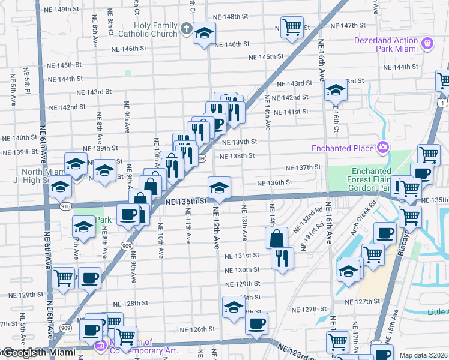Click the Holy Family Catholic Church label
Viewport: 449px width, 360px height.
pyautogui.click(x=148, y=29)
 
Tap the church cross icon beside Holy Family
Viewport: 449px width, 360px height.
pyautogui.click(x=187, y=28)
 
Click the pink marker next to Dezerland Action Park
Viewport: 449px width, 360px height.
pyautogui.click(x=427, y=43)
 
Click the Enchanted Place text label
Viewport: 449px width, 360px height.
pyautogui.click(x=343, y=148)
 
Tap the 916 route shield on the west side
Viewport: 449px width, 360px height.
pyautogui.click(x=65, y=206)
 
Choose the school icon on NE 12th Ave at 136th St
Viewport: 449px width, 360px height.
pyautogui.click(x=220, y=188)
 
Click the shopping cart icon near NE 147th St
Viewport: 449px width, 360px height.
pyautogui.click(x=291, y=26)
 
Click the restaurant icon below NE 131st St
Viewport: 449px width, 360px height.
pyautogui.click(x=282, y=258)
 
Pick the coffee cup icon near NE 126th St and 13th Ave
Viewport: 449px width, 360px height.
pyautogui.click(x=256, y=323)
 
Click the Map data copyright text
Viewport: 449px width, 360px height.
pyautogui.click(x=424, y=355)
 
